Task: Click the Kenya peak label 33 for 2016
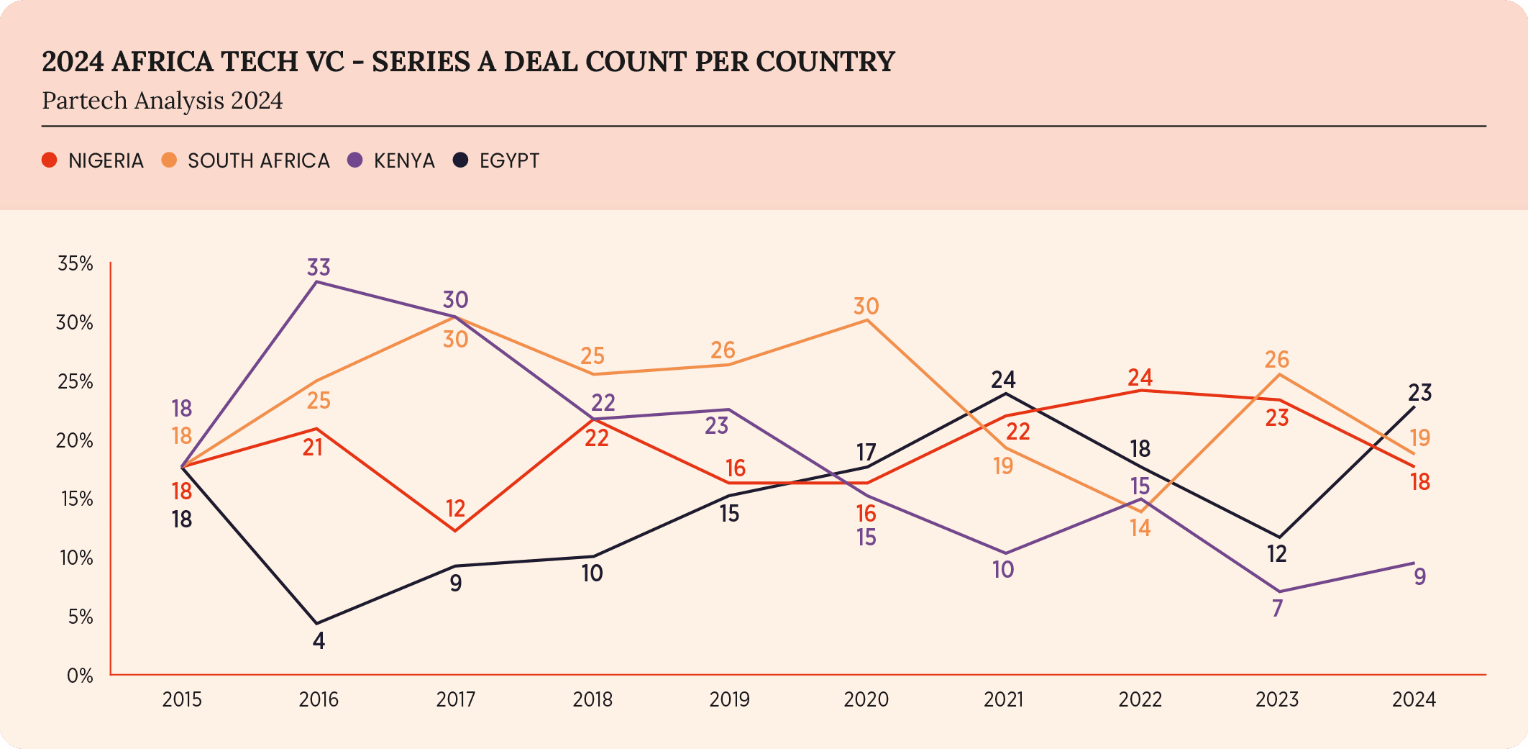coord(319,267)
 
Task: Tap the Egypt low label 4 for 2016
coord(319,640)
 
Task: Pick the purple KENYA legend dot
coord(355,160)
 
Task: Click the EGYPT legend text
coord(509,160)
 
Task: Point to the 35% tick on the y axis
coord(76,263)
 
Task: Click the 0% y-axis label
coord(80,676)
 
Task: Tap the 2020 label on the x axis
coord(866,699)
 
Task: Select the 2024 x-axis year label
coord(1414,699)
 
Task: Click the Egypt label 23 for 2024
coord(1419,393)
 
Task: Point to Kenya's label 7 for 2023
coord(1277,609)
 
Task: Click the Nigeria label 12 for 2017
coord(455,509)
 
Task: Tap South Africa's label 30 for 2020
coord(866,307)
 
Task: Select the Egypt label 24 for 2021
coord(1003,379)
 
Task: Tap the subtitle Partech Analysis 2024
coord(163,101)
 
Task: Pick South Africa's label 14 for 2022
coord(1140,529)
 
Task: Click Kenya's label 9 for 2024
coord(1419,576)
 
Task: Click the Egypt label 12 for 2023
coord(1277,554)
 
